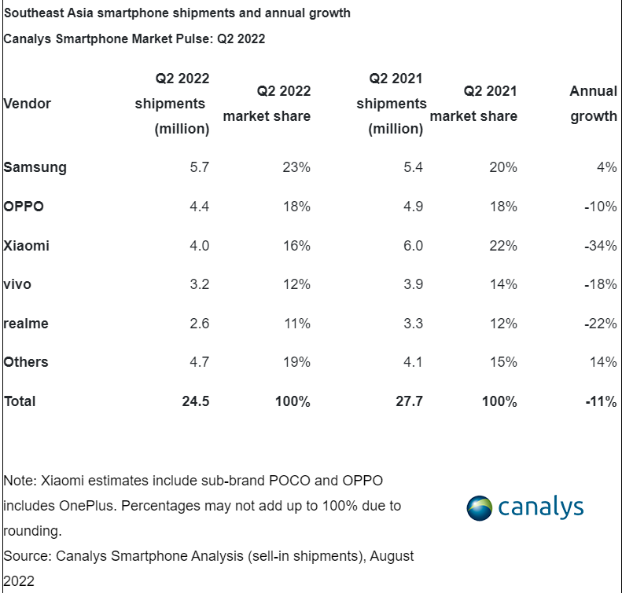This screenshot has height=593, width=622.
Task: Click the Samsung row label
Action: (x=35, y=167)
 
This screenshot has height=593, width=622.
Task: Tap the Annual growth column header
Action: (x=593, y=104)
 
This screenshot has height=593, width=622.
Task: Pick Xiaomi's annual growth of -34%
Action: (x=602, y=246)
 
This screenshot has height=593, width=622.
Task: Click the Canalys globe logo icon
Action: (x=480, y=507)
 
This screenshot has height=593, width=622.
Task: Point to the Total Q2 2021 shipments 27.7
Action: (x=408, y=401)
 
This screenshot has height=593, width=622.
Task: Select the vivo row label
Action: (x=17, y=284)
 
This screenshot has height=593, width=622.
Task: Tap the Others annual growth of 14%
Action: (x=604, y=362)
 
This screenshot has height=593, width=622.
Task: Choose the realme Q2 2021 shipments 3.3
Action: (x=414, y=324)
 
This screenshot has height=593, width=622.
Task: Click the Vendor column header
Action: (x=27, y=104)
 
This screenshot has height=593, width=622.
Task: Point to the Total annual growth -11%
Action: (x=602, y=401)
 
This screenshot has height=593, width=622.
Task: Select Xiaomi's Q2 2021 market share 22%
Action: (x=503, y=246)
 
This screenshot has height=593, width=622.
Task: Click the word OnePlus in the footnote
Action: (x=87, y=505)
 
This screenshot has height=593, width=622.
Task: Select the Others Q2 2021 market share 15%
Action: (x=503, y=362)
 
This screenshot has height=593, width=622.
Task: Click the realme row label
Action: (x=26, y=324)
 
